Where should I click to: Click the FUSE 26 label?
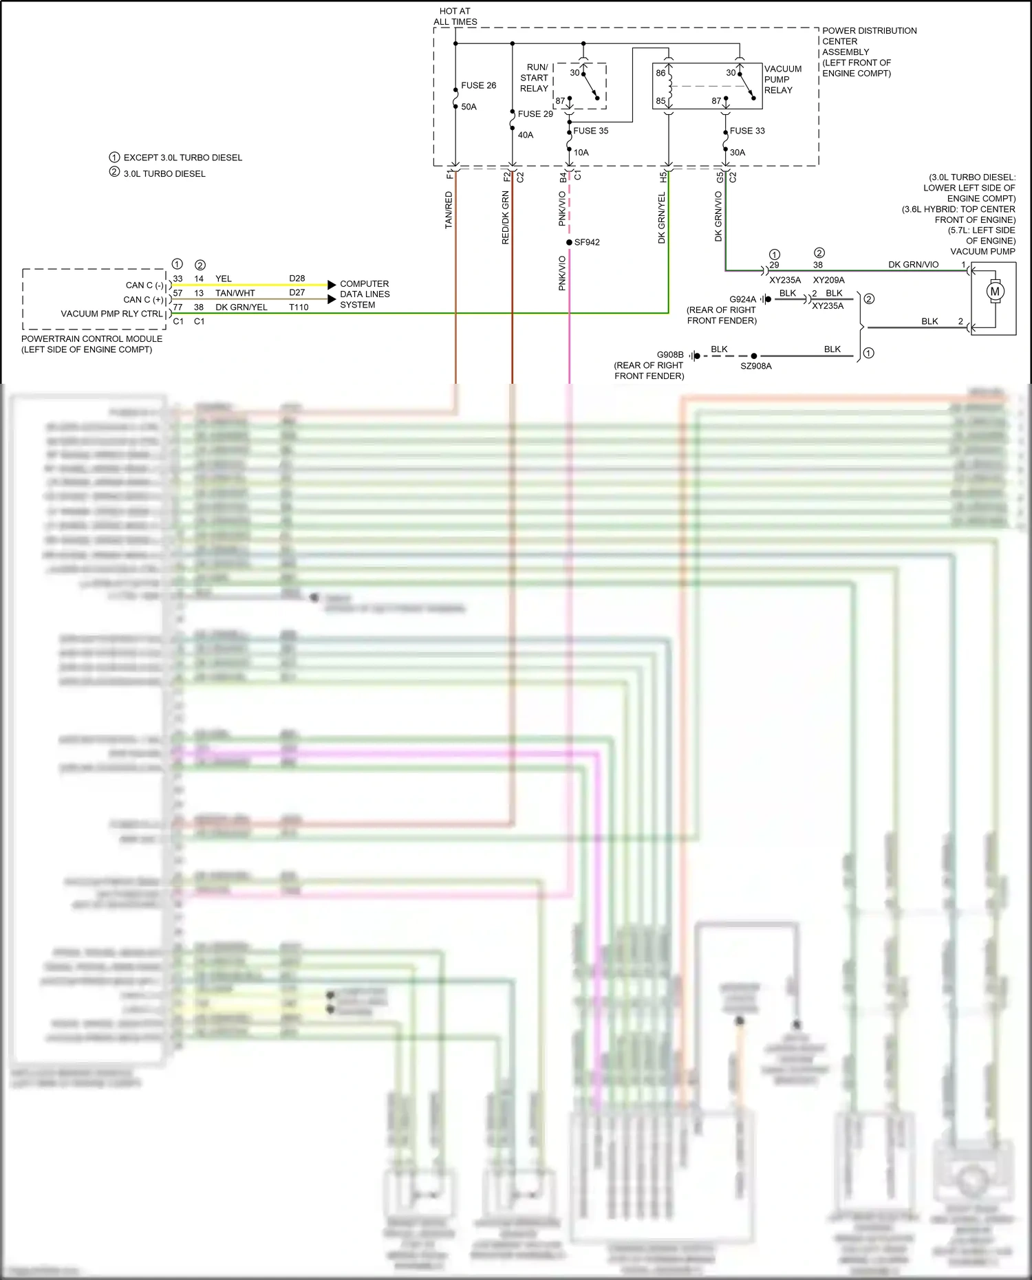[478, 85]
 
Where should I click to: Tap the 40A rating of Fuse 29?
[525, 135]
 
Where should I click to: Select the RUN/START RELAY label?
[534, 78]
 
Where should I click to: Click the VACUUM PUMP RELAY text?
[782, 79]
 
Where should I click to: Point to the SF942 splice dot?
[569, 242]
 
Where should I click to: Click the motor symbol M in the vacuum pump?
[995, 291]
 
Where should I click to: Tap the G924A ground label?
[742, 299]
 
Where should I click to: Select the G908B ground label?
[669, 355]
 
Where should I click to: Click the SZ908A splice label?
[755, 366]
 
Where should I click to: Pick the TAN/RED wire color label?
[449, 210]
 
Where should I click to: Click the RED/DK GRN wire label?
[506, 217]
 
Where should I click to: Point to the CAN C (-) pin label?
[144, 285]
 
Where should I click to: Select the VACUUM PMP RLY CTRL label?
[111, 314]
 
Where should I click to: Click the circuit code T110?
[299, 307]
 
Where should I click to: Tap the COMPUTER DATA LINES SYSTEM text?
[365, 294]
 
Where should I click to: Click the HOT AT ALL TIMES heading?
[455, 17]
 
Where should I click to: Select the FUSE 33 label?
[746, 131]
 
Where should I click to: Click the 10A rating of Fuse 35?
[581, 152]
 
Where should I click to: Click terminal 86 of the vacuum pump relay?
[660, 73]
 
